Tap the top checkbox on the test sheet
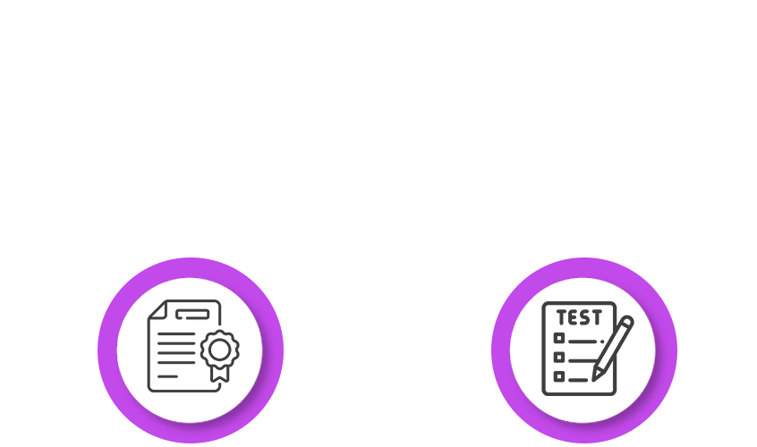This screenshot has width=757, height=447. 560,338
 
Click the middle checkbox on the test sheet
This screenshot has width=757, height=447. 560,357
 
